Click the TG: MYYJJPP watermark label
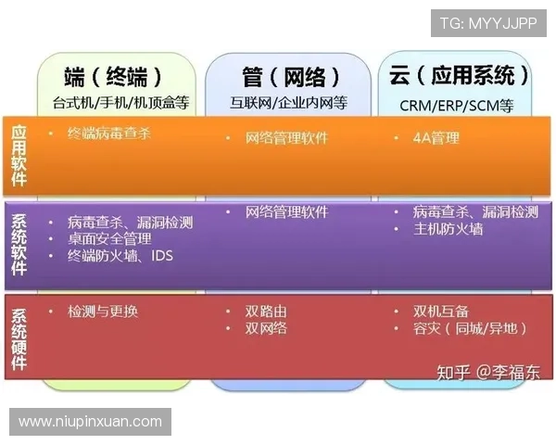pos(487,23)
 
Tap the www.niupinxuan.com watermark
pos(91,422)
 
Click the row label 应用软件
pos(19,155)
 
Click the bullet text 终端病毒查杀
pos(108,133)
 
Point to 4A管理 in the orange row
pos(436,138)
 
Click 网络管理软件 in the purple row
pos(286,212)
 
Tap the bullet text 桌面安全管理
pos(108,238)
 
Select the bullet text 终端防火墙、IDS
pos(120,255)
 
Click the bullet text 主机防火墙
pos(449,229)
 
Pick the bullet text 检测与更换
pos(103,311)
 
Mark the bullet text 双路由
pos(266,311)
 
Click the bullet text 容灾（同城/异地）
pos(471,328)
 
